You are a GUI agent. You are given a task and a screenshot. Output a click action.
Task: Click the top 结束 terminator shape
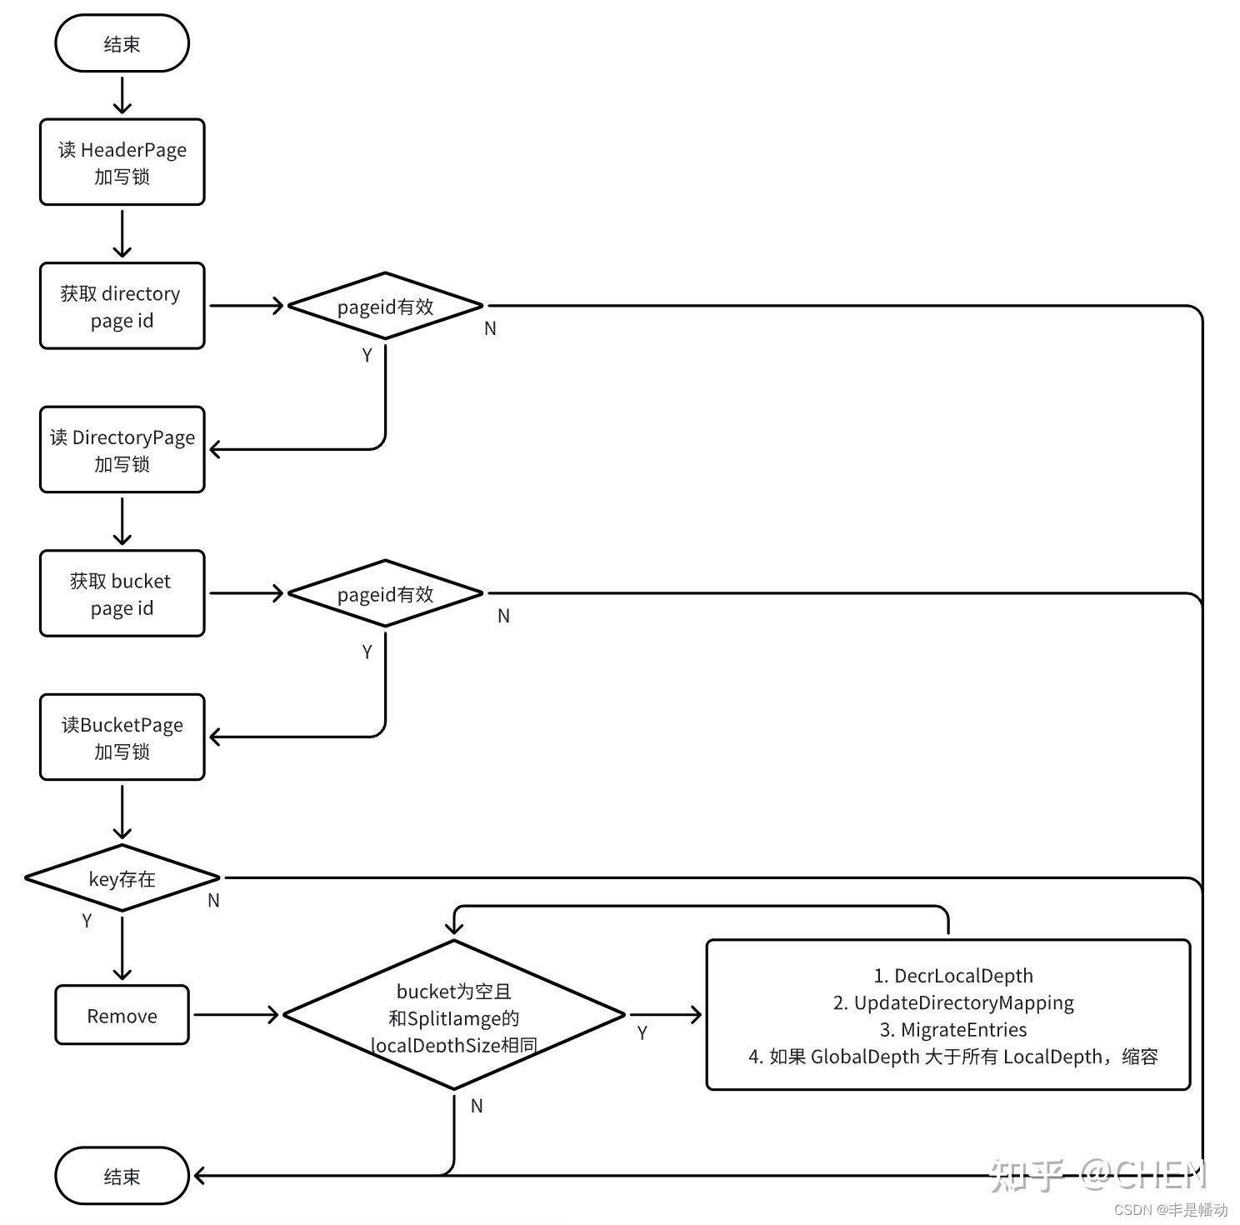[x=122, y=43]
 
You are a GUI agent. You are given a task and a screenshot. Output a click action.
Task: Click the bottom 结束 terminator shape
[x=122, y=1176]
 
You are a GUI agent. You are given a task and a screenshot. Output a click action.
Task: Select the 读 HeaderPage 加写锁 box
[x=122, y=162]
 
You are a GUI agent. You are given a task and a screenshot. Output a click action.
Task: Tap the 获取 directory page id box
[x=122, y=306]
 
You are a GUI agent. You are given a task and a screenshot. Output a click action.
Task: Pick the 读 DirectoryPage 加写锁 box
[x=122, y=450]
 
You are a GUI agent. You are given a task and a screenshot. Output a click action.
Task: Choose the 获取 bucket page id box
[x=122, y=593]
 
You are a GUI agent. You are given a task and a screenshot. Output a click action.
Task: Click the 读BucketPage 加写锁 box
[x=122, y=737]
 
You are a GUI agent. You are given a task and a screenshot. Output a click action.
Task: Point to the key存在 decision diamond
[x=122, y=878]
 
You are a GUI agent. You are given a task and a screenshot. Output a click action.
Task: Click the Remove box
[x=122, y=1015]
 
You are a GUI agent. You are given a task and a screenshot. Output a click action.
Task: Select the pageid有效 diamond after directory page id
[x=385, y=306]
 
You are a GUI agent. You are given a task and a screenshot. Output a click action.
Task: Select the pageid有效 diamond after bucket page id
[x=385, y=593]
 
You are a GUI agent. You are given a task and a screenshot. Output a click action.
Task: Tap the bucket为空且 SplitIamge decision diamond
[x=453, y=1015]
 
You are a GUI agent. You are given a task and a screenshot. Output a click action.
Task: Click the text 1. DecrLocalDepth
[x=952, y=976]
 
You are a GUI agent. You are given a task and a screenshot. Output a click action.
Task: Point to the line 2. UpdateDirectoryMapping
[x=952, y=1002]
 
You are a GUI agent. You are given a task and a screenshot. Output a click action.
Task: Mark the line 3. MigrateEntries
[x=952, y=1030]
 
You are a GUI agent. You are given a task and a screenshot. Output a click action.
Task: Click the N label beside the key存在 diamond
[x=213, y=901]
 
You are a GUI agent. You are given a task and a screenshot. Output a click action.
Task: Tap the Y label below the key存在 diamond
[x=87, y=921]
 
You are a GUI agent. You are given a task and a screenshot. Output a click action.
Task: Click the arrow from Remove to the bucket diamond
[x=236, y=1015]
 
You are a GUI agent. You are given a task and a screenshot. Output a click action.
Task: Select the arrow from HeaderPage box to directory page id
[x=122, y=233]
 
